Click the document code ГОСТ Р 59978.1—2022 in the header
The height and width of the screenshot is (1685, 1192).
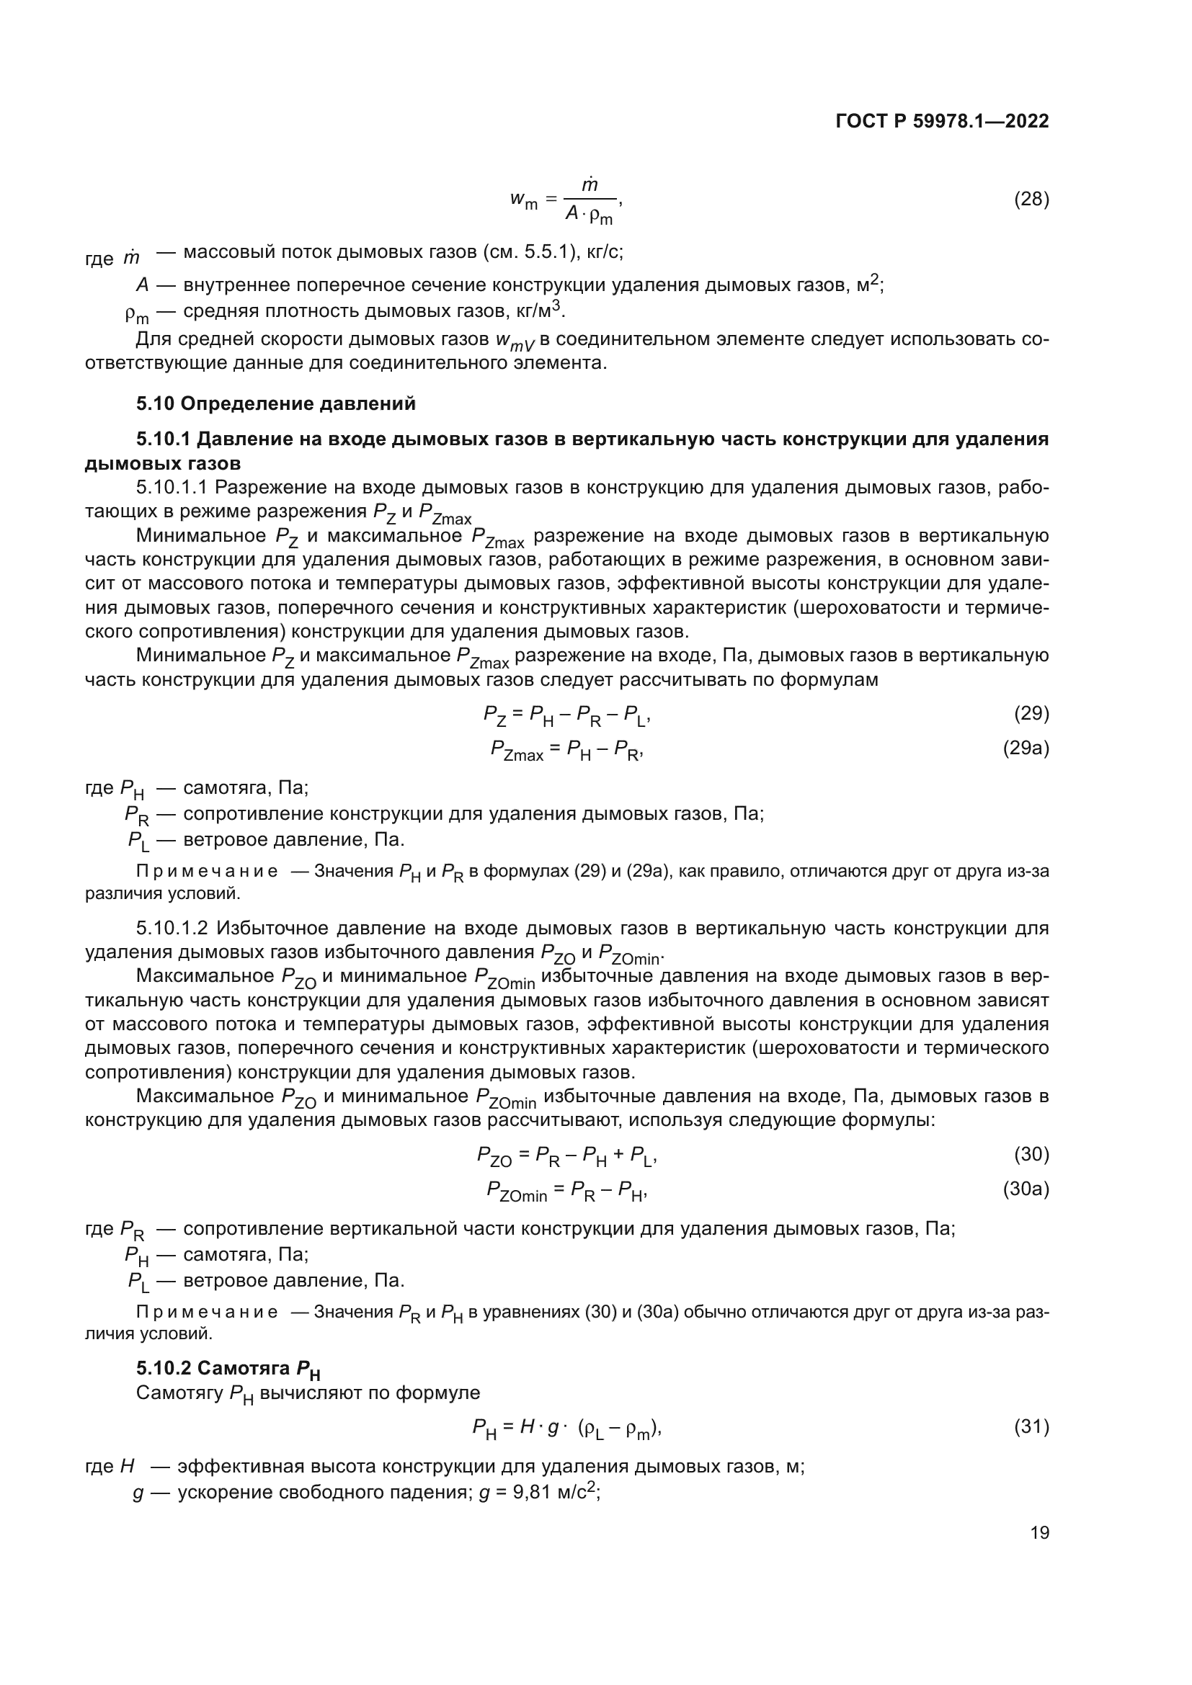(942, 121)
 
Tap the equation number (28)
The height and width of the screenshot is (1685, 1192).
(1031, 199)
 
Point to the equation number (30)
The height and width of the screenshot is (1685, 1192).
(1031, 1154)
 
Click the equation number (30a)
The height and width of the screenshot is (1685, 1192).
(1026, 1189)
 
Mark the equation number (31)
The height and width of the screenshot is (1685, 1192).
(1031, 1426)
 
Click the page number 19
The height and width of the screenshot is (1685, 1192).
(1039, 1532)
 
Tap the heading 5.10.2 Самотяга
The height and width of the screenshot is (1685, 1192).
(228, 1368)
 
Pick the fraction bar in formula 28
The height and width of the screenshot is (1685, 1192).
(590, 199)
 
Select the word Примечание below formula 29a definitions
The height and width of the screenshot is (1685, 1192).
(207, 872)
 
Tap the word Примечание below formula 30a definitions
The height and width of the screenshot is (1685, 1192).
(207, 1312)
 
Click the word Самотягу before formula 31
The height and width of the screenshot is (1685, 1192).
(180, 1393)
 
